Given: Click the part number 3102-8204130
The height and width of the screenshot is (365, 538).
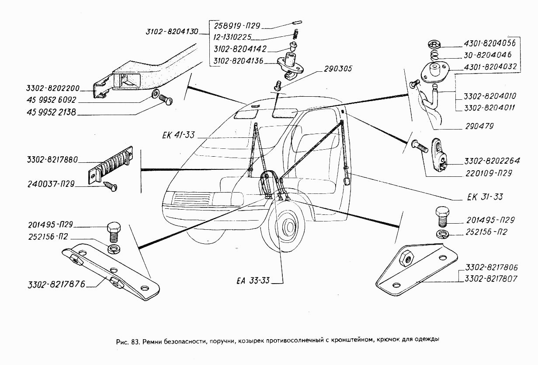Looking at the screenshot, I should tap(172, 32).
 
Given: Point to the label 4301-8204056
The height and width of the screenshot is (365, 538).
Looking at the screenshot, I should tap(489, 43).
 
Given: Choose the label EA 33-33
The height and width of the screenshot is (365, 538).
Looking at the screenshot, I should tap(250, 281).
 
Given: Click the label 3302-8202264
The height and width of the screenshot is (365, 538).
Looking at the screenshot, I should tap(492, 161).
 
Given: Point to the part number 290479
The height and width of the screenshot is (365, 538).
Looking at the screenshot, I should tap(478, 126).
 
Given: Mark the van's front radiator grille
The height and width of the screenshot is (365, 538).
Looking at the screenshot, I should tap(191, 201).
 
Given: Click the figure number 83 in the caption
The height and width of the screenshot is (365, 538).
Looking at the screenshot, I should tap(134, 340).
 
